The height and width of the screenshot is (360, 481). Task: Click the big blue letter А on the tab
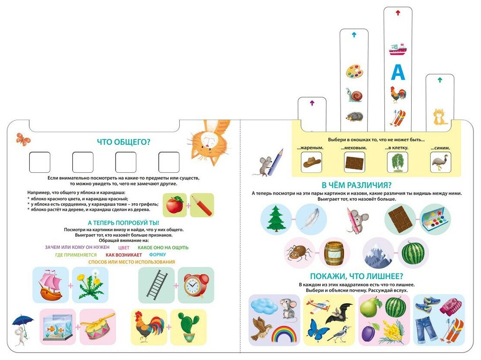click(x=398, y=73)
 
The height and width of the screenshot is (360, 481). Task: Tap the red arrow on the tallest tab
click(x=398, y=13)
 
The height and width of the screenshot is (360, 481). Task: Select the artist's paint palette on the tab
click(x=354, y=71)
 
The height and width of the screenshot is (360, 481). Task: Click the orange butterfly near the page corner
click(x=23, y=139)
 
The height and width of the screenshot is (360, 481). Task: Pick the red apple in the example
click(x=175, y=205)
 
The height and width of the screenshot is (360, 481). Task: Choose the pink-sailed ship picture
click(x=50, y=285)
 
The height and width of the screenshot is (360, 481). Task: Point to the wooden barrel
click(x=334, y=253)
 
